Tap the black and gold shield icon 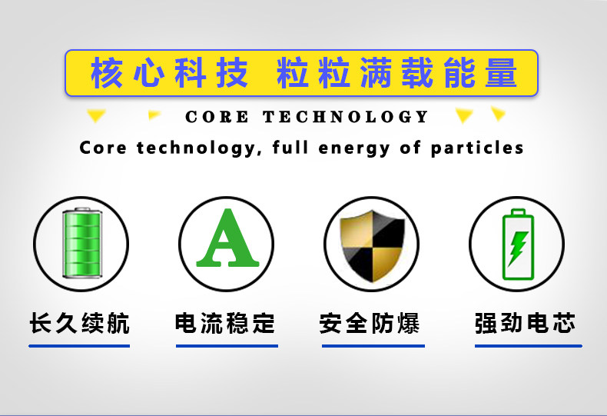(372, 246)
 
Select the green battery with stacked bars (81, 243)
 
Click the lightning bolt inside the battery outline (518, 248)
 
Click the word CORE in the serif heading (217, 117)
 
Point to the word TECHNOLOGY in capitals (345, 117)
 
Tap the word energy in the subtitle (353, 148)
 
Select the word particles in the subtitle (477, 148)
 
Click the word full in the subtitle (290, 147)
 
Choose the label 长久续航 (79, 323)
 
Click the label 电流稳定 (225, 323)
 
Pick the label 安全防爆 (370, 323)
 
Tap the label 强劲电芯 (526, 323)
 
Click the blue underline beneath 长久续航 (79, 346)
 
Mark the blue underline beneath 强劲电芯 (529, 346)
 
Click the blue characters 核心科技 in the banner (169, 73)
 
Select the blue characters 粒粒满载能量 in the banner (397, 73)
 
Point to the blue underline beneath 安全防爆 (373, 346)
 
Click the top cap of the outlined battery (518, 212)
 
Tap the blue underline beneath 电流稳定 (227, 346)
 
